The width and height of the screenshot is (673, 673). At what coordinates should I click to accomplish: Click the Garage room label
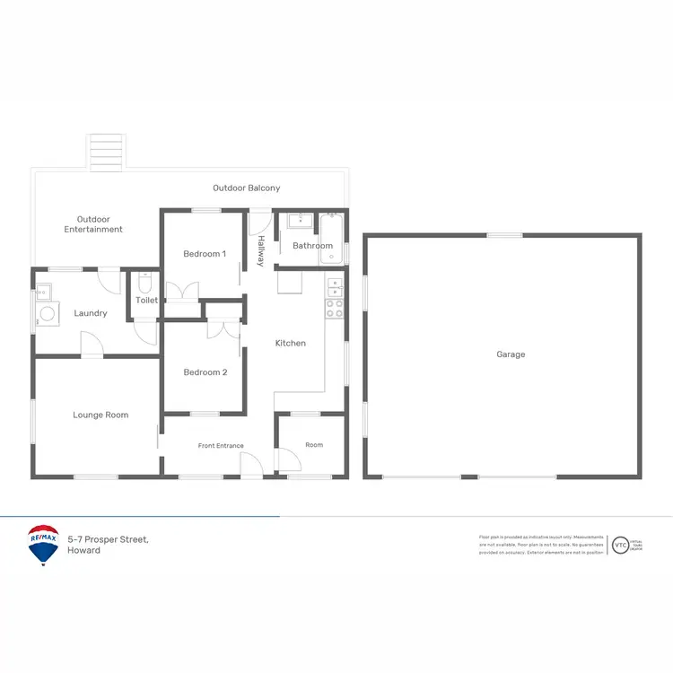click(511, 354)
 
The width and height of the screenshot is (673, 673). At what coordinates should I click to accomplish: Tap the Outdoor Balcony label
click(246, 188)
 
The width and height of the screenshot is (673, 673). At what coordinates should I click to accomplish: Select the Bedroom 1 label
click(205, 254)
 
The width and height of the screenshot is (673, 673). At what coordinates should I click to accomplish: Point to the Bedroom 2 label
click(205, 372)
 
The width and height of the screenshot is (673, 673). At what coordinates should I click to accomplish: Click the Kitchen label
click(290, 344)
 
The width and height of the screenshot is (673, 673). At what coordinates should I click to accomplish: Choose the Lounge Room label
click(101, 415)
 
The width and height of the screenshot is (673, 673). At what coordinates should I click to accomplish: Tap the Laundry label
click(91, 313)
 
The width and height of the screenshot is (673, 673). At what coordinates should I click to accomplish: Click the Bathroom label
click(312, 246)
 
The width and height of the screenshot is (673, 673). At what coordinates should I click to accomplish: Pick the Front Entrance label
click(221, 446)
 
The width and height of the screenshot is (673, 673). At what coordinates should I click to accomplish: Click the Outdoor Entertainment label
click(93, 224)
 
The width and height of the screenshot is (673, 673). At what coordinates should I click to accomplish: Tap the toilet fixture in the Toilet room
click(144, 282)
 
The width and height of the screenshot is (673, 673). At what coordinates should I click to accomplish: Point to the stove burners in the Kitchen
click(334, 308)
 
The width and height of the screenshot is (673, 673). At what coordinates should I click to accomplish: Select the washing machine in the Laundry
click(46, 314)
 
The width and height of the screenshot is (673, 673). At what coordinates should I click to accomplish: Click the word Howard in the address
click(83, 550)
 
